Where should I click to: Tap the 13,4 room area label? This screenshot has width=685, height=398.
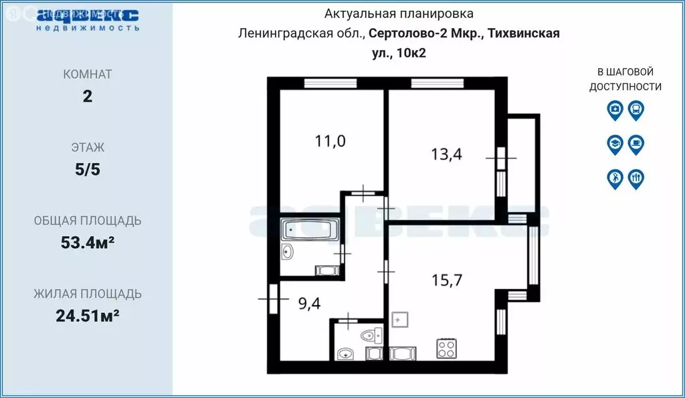coord(446,155)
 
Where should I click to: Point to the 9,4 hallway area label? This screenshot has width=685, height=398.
coord(309,304)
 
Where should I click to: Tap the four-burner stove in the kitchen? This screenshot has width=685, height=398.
coord(446,349)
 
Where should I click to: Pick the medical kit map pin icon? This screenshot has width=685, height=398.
coord(615,110)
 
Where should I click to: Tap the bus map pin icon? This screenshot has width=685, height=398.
coord(635,110)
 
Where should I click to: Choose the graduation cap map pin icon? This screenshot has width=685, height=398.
coord(615,143)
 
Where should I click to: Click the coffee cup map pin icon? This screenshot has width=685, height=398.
coord(635,143)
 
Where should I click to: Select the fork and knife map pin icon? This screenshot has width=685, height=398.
coord(635,178)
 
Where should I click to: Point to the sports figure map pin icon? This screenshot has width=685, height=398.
coord(615,178)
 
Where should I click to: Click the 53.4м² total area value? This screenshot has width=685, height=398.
coord(87,243)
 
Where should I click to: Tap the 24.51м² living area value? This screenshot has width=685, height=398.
coord(87,316)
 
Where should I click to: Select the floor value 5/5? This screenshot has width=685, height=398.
coord(87,169)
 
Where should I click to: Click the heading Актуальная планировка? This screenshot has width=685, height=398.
coord(399,13)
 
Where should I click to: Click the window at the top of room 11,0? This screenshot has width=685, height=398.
coord(323,83)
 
